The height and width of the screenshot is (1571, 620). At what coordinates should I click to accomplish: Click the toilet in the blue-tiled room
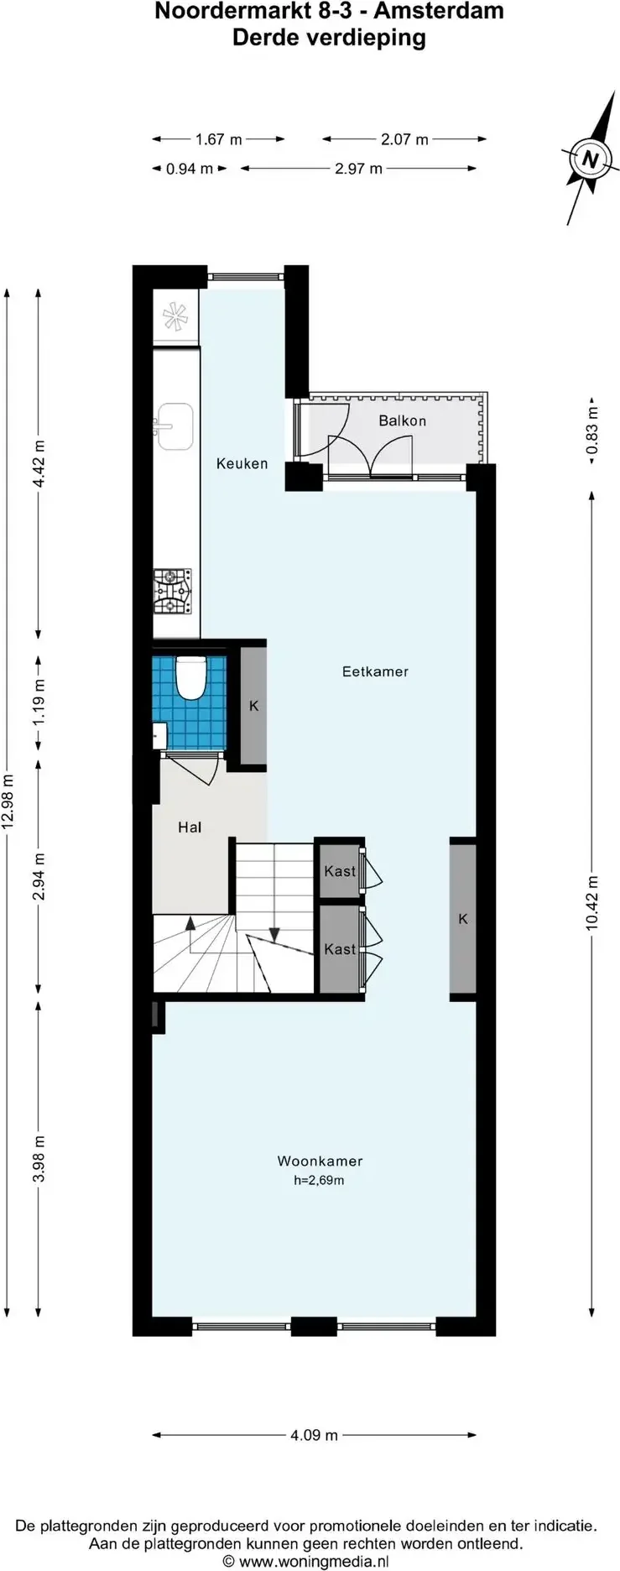click(x=191, y=678)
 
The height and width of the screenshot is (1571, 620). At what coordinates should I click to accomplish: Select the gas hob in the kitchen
click(x=172, y=591)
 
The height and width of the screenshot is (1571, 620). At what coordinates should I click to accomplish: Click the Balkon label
click(x=402, y=420)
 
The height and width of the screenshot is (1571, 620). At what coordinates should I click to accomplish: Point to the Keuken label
click(x=242, y=463)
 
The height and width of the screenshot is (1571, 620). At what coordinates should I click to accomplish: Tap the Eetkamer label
click(x=375, y=671)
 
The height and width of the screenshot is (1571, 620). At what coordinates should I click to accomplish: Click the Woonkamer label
click(x=320, y=1161)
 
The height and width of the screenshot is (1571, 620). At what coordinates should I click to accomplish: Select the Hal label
click(x=190, y=827)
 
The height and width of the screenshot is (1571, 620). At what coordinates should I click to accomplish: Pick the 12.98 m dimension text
click(x=8, y=801)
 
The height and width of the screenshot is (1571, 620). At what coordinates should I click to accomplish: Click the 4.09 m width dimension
click(x=314, y=1435)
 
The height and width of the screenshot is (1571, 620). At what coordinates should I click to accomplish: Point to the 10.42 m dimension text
click(x=592, y=903)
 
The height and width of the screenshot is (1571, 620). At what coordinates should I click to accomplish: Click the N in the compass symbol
click(x=591, y=159)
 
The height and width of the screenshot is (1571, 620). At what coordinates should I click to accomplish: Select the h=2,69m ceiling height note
click(x=319, y=1180)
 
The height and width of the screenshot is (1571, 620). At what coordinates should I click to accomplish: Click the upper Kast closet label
click(x=340, y=871)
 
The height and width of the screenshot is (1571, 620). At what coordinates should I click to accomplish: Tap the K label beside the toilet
click(x=253, y=706)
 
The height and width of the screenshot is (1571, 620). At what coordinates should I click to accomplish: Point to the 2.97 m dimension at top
click(x=358, y=169)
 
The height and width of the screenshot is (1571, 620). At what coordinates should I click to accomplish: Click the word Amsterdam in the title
click(x=439, y=12)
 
